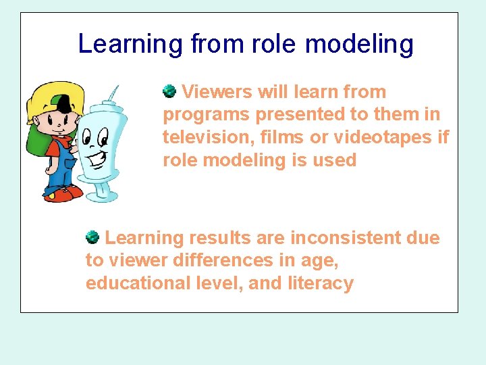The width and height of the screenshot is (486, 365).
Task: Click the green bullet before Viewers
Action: click(x=169, y=91)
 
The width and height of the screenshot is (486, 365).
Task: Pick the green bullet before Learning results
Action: click(x=92, y=237)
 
